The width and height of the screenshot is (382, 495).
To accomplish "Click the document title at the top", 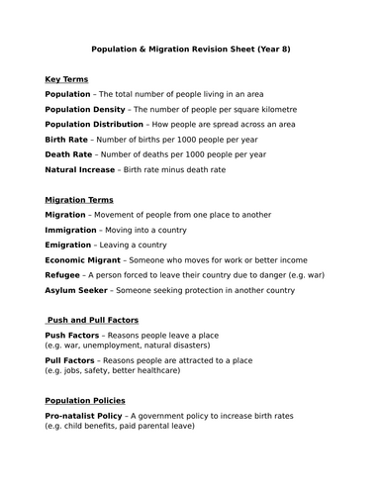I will pyautogui.click(x=191, y=48).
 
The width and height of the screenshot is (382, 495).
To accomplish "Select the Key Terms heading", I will pyautogui.click(x=66, y=78).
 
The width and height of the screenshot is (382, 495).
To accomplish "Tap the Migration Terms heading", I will pyautogui.click(x=81, y=200).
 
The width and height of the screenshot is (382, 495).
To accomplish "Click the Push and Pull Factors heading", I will pyautogui.click(x=93, y=322).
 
